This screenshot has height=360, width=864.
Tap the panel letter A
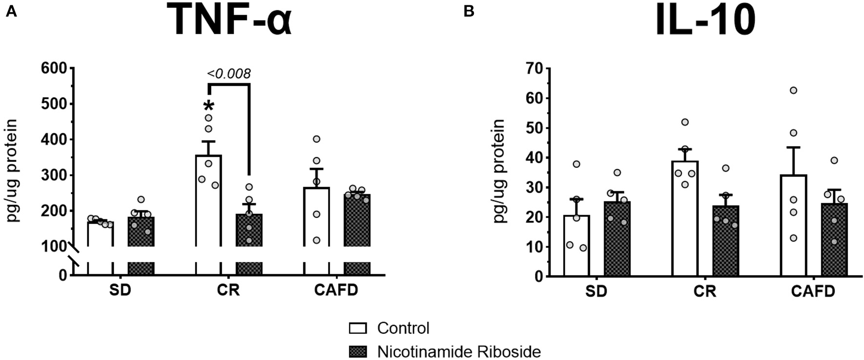tap(11, 11)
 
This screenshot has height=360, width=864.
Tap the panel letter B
tap(469, 11)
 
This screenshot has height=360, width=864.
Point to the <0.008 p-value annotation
tap(229, 74)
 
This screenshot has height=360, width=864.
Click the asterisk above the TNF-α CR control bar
tap(209, 106)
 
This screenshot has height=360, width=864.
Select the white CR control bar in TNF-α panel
tap(209, 210)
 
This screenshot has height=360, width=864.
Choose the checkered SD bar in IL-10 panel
tap(617, 239)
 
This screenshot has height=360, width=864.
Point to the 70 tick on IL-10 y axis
tap(535, 68)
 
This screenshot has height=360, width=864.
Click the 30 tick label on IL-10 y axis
tap(535, 187)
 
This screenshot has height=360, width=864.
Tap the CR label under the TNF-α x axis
tap(228, 290)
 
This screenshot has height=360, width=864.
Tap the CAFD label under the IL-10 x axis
tap(813, 291)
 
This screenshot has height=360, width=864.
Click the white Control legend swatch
tap(358, 328)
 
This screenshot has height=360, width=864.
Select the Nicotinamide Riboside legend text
tap(459, 352)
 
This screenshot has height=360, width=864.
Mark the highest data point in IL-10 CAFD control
tap(793, 90)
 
